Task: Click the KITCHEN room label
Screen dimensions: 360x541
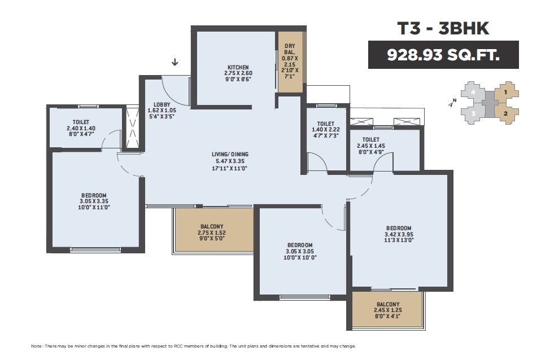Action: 238,67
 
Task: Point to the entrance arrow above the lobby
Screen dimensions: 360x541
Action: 174,62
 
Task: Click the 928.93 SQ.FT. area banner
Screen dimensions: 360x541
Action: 443,55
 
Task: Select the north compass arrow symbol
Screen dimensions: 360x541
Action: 451,103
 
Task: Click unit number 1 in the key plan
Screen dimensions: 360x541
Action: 506,91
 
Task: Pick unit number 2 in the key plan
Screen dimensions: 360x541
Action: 506,113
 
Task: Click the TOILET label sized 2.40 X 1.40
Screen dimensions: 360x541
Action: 81,122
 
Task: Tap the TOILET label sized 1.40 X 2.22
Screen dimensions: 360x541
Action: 325,124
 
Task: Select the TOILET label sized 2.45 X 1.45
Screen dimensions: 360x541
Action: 370,139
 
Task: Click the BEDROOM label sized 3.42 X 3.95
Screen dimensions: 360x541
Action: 399,228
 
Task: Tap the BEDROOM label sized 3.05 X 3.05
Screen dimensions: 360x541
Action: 300,245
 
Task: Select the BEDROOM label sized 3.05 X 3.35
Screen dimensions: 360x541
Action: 93,196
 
